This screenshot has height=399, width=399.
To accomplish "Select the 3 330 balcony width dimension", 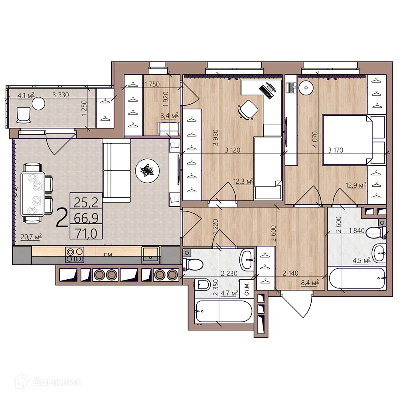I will click(x=62, y=95).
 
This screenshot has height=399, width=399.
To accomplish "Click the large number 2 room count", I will click(x=62, y=218).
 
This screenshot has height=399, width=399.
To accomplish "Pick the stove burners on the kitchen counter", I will click(x=75, y=255).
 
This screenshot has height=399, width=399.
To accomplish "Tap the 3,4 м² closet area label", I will click(x=169, y=116).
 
